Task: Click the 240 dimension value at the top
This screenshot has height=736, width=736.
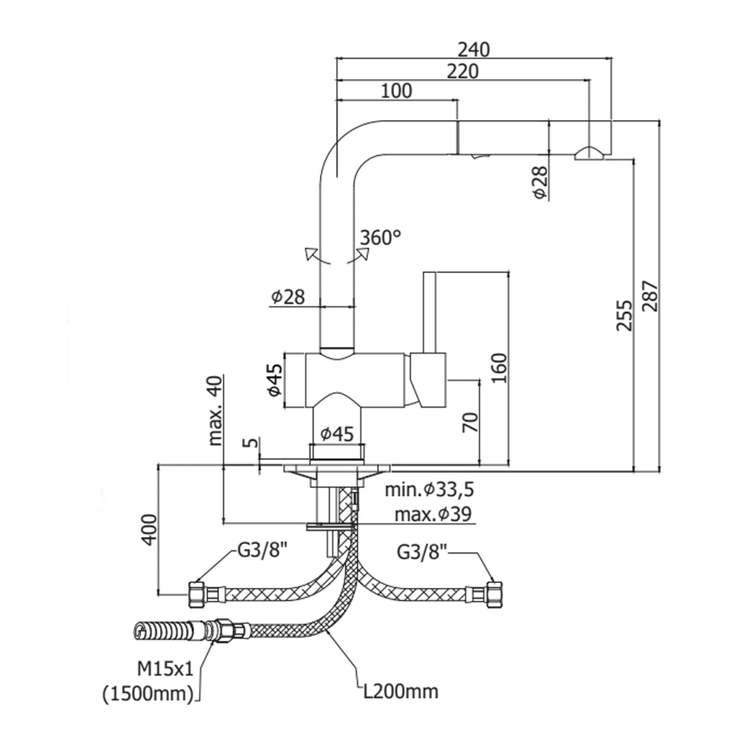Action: [x=474, y=49]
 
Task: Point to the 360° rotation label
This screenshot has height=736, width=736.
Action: [x=380, y=237]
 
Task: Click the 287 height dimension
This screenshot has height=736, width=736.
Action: [x=650, y=296]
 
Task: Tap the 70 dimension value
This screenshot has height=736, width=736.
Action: [x=470, y=422]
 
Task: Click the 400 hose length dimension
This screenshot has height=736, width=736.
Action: [x=149, y=530]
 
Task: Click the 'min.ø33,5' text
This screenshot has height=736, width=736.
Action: [x=430, y=490]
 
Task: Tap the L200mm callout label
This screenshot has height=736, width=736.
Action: [x=400, y=691]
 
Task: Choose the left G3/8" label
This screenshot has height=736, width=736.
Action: [x=262, y=552]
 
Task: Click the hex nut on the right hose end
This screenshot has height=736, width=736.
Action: [x=492, y=594]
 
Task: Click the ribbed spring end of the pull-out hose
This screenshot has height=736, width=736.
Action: [x=153, y=632]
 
